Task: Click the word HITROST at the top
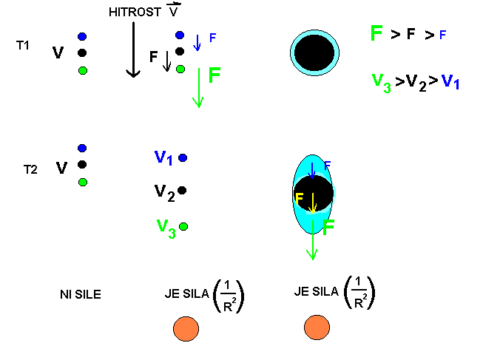point(133,13)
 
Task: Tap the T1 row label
point(23,45)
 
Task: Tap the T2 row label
point(30,169)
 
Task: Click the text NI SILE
point(80,295)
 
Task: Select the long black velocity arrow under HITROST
point(133,49)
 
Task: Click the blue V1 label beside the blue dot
point(163,157)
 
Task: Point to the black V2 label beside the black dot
point(164,192)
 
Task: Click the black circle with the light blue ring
point(315,53)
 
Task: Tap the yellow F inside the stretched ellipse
point(299,199)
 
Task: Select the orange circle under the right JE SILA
point(317,327)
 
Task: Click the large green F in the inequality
point(376,33)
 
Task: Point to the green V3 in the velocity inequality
point(382,82)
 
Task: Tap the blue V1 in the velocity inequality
point(450,82)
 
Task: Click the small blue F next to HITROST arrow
point(213,38)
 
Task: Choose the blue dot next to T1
point(81,36)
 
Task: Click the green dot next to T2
point(82,182)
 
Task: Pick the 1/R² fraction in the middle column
point(229,296)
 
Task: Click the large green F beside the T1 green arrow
point(214,75)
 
